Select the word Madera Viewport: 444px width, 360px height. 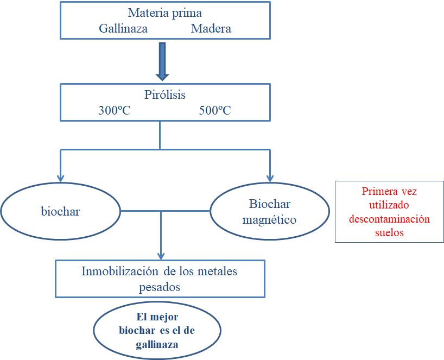point(211,29)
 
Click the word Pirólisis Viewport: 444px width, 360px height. point(165,94)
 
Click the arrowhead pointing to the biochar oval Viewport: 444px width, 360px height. point(61,178)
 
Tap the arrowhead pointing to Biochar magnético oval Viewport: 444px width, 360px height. point(270,178)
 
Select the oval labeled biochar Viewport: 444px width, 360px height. point(60,211)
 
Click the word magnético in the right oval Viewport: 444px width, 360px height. point(270,220)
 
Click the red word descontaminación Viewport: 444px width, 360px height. point(390,219)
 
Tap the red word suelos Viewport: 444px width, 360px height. point(390,232)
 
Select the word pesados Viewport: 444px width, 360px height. point(160,286)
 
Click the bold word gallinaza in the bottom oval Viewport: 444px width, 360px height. point(157,344)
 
